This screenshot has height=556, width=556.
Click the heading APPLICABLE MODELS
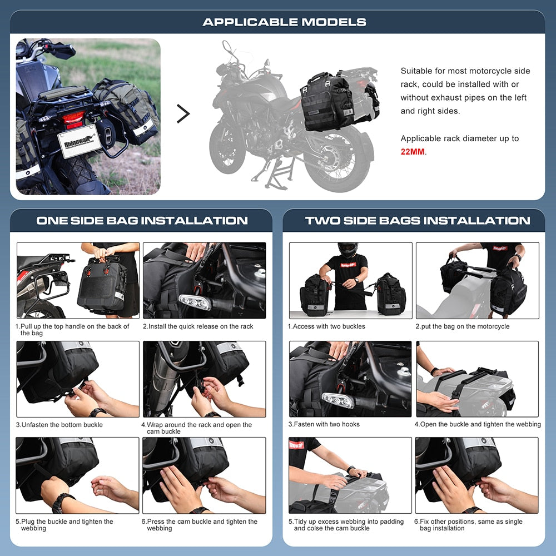point(284,22)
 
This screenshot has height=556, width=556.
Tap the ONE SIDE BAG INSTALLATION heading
point(142,220)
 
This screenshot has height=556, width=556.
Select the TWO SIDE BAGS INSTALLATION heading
point(417,220)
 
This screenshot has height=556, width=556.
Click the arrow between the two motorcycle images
point(183,113)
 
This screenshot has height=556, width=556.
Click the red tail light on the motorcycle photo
point(73,118)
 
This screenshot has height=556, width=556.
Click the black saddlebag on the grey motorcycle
point(327,101)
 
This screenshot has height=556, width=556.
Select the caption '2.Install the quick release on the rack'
point(198,326)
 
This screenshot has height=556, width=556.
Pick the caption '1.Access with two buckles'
point(326,326)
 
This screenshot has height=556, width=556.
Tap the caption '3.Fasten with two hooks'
point(324,424)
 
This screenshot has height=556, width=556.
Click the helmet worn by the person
point(348,249)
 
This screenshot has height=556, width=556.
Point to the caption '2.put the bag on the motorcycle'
point(462,326)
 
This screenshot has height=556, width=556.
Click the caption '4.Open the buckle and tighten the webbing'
point(477,424)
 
